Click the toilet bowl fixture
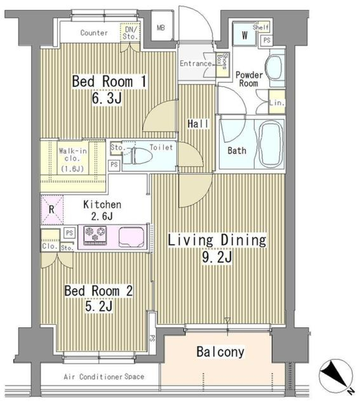(x=142, y=156)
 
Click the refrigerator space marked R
(x=52, y=209)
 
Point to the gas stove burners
(x=95, y=235)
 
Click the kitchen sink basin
(x=131, y=237)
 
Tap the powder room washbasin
(x=275, y=68)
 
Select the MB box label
(x=161, y=27)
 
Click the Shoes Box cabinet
(x=222, y=65)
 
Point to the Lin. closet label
(x=277, y=103)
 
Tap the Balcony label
(x=220, y=352)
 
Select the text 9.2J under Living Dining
(x=217, y=257)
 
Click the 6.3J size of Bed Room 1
(x=107, y=98)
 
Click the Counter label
(x=94, y=33)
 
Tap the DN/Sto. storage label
(x=130, y=33)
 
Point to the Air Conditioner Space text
(x=104, y=376)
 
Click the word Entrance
(x=196, y=63)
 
